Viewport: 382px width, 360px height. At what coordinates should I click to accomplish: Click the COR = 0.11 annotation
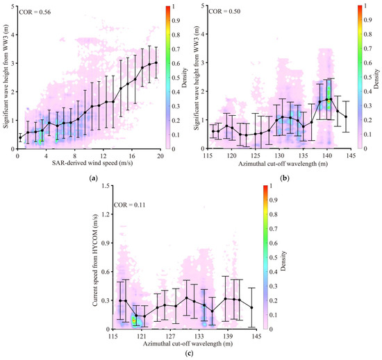pos(130,205)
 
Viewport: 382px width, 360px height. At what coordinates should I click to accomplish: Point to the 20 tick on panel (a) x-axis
pos(159,156)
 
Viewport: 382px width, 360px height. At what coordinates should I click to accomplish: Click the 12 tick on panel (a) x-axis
pos(102,156)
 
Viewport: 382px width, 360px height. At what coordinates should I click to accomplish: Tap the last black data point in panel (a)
pos(156,62)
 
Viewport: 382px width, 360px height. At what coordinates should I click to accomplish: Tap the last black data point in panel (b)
pos(345,117)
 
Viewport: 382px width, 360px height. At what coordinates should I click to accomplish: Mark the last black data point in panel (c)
pos(251,307)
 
